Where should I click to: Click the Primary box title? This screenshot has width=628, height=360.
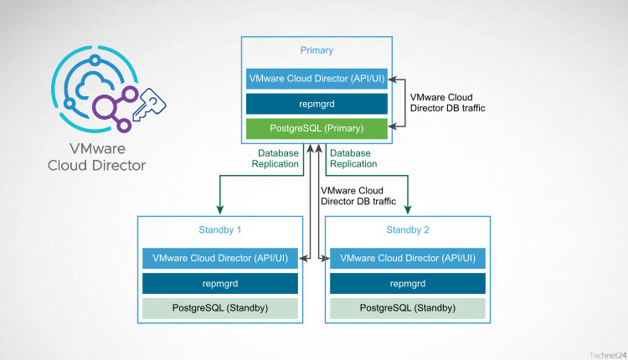(317, 50)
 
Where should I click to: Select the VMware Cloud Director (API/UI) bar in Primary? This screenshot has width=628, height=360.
(317, 79)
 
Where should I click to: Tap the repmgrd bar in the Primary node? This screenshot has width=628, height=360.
(317, 104)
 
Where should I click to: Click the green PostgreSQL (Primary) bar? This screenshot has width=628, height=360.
(317, 129)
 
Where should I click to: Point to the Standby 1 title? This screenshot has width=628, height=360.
(220, 229)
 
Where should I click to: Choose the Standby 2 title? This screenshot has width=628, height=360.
(407, 229)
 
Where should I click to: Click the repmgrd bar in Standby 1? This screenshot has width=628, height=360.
(220, 283)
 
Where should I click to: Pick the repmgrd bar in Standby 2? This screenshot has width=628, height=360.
(407, 283)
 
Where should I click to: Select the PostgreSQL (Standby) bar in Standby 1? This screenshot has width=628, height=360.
(220, 308)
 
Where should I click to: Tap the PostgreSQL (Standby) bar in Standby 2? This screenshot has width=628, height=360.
(407, 308)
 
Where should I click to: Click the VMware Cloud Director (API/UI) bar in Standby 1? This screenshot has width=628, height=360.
(220, 258)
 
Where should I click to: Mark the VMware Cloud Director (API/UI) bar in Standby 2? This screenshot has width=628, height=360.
(407, 258)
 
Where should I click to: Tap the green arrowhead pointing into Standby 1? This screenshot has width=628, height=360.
(220, 211)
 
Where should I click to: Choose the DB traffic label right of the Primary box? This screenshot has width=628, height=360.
(443, 103)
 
